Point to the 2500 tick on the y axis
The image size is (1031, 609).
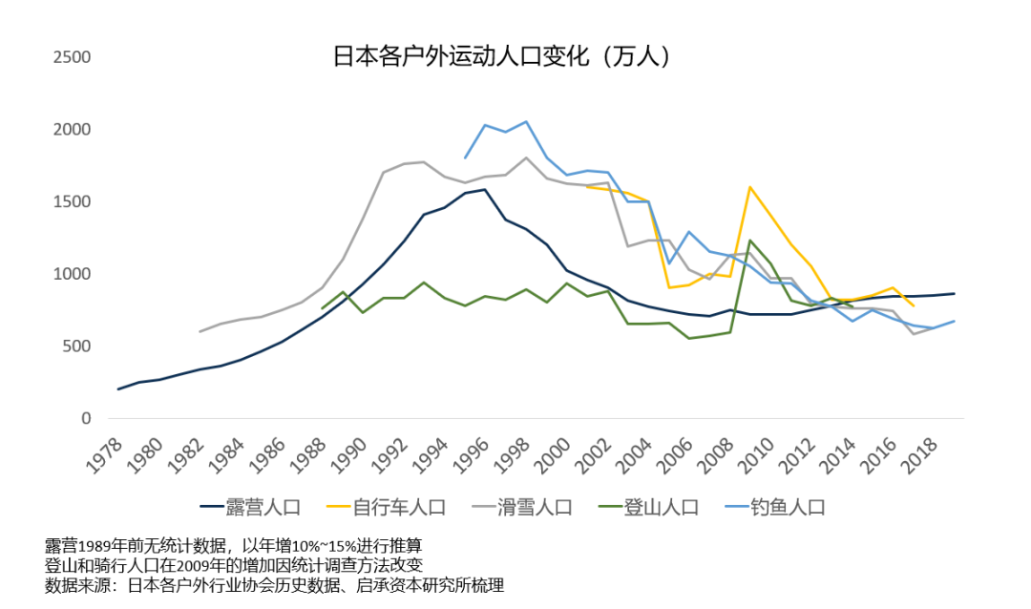72,57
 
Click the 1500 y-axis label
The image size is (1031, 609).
72,201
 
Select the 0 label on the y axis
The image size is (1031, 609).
86,419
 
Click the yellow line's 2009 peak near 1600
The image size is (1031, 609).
750,187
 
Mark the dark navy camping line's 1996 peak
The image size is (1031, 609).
485,189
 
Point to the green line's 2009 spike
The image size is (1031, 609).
750,241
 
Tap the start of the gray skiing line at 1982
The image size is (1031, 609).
200,331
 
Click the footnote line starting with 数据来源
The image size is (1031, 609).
275,585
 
